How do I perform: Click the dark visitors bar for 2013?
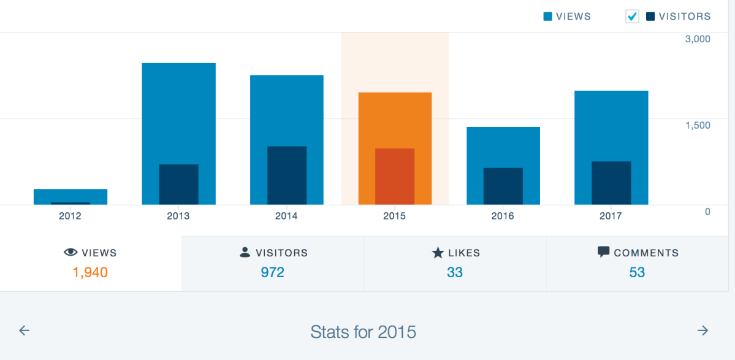click(x=178, y=184)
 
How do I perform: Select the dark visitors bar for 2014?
click(x=286, y=175)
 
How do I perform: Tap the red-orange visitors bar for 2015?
click(x=395, y=176)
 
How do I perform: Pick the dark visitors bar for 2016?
click(x=503, y=186)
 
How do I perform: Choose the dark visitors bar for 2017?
click(x=611, y=183)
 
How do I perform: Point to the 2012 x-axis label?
click(x=70, y=216)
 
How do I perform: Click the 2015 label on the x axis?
click(x=394, y=216)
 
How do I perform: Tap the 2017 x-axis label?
click(x=611, y=216)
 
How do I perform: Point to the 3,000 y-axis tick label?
click(x=697, y=39)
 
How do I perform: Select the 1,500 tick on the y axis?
click(x=697, y=125)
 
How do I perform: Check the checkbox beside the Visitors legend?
click(x=632, y=17)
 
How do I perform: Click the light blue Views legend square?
click(x=548, y=17)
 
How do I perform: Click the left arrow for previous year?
click(x=24, y=331)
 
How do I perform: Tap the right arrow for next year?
click(x=703, y=331)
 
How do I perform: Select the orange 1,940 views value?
click(x=90, y=272)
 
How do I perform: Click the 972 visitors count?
click(x=272, y=272)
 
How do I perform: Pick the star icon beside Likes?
click(x=438, y=252)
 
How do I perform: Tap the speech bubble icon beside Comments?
click(x=603, y=252)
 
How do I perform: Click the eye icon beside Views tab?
click(x=71, y=252)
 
